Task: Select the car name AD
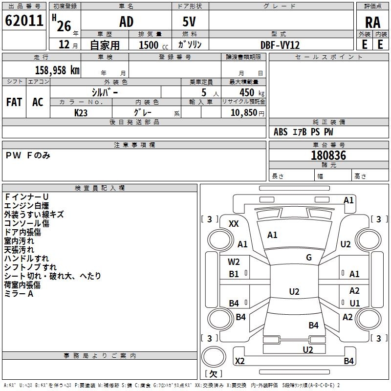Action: point(126,22)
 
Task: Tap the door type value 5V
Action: point(190,22)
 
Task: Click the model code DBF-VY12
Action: point(280,44)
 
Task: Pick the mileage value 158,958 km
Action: point(57,70)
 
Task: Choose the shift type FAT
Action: point(14,102)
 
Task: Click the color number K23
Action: point(81,112)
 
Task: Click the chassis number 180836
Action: point(328,155)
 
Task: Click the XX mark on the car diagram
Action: point(234,223)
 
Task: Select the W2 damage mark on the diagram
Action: point(234,261)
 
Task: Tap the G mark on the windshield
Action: point(309,258)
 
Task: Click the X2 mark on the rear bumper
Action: point(239,361)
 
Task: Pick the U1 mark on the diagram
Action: point(354,303)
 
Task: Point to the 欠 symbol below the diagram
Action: point(213,374)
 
